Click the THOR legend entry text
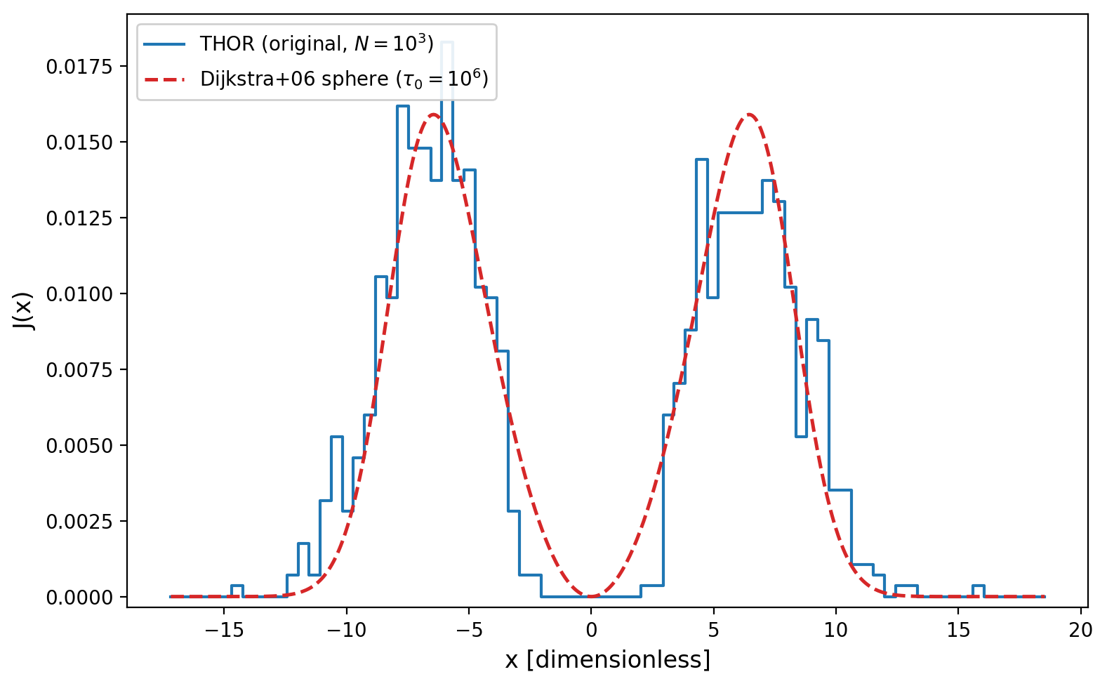pos(317,44)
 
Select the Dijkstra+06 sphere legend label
pos(343,79)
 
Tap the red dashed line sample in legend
pos(165,79)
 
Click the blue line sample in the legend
pos(165,44)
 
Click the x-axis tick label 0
pos(591,630)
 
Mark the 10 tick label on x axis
pos(836,630)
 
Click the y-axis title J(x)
pos(23,310)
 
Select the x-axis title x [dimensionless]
pos(607,660)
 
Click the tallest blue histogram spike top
pos(447,42)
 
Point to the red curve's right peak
pos(749,114)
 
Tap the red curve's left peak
pos(433,114)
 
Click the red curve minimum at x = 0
pos(591,596)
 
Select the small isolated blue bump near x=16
pos(978,586)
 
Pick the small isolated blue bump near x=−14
pos(237,586)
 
